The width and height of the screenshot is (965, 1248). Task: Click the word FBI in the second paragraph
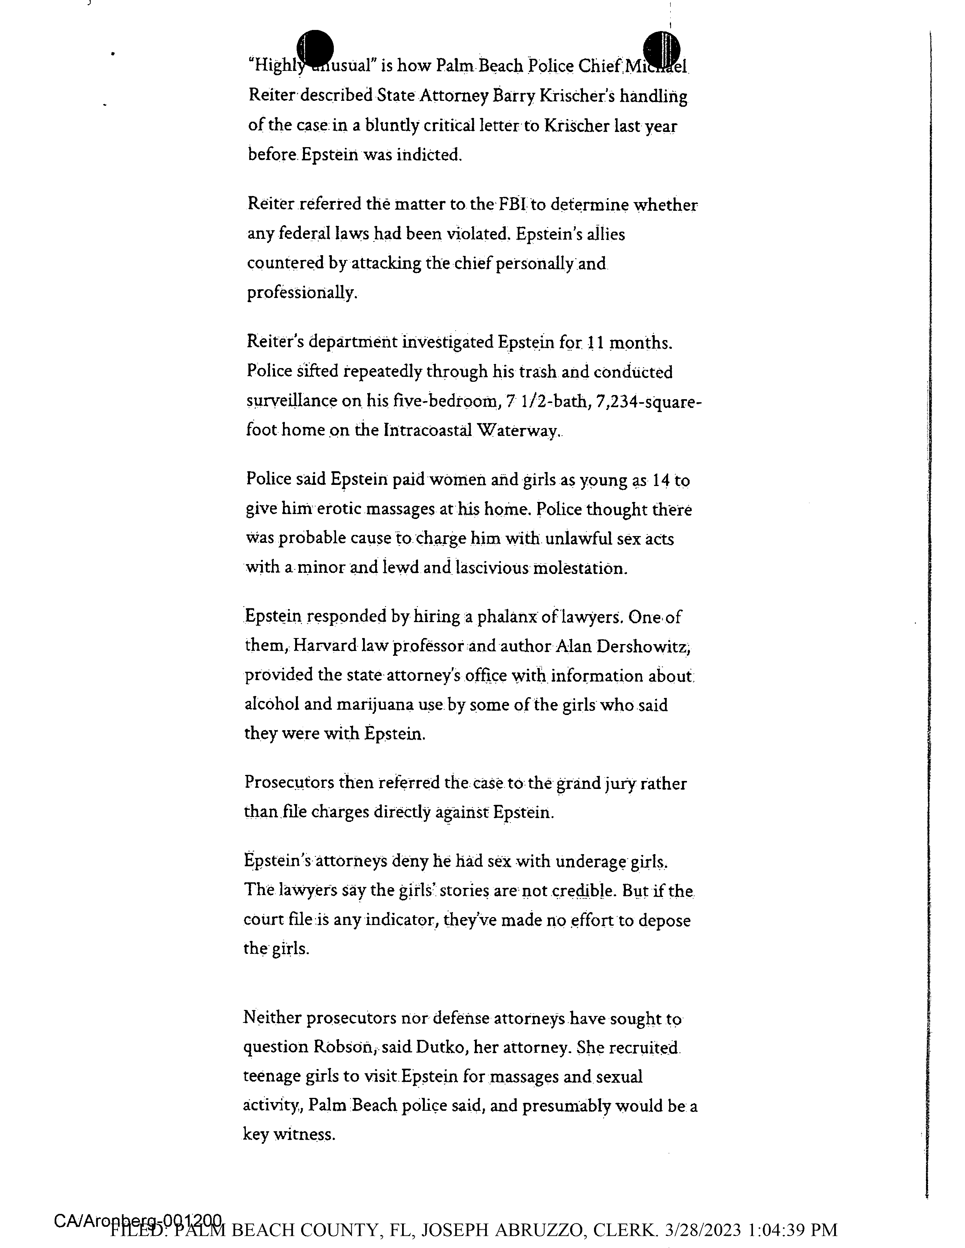(x=512, y=204)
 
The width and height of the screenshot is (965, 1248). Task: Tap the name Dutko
(x=438, y=1047)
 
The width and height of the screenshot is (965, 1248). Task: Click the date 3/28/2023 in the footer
(x=703, y=1229)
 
